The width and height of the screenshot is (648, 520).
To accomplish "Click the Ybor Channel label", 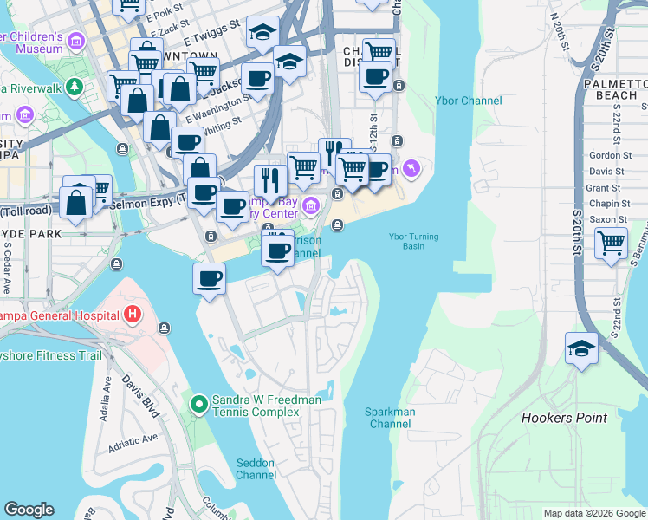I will pos(470,101).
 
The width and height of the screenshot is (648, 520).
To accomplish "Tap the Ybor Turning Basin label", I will pos(413,242).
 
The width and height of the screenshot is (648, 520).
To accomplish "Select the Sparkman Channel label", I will pos(390,418).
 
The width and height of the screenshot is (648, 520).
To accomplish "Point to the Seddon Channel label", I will pos(256,469).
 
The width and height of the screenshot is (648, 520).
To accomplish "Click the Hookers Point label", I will pos(564,418).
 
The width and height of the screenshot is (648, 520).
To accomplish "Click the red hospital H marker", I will pos(133,313).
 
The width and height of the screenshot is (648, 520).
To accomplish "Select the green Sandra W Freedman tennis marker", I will pos(198,404).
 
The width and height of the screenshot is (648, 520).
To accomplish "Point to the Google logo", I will pos(29,510).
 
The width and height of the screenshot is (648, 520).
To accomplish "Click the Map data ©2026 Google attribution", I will pos(593,513).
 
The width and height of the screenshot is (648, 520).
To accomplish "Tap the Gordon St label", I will pos(605,155).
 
